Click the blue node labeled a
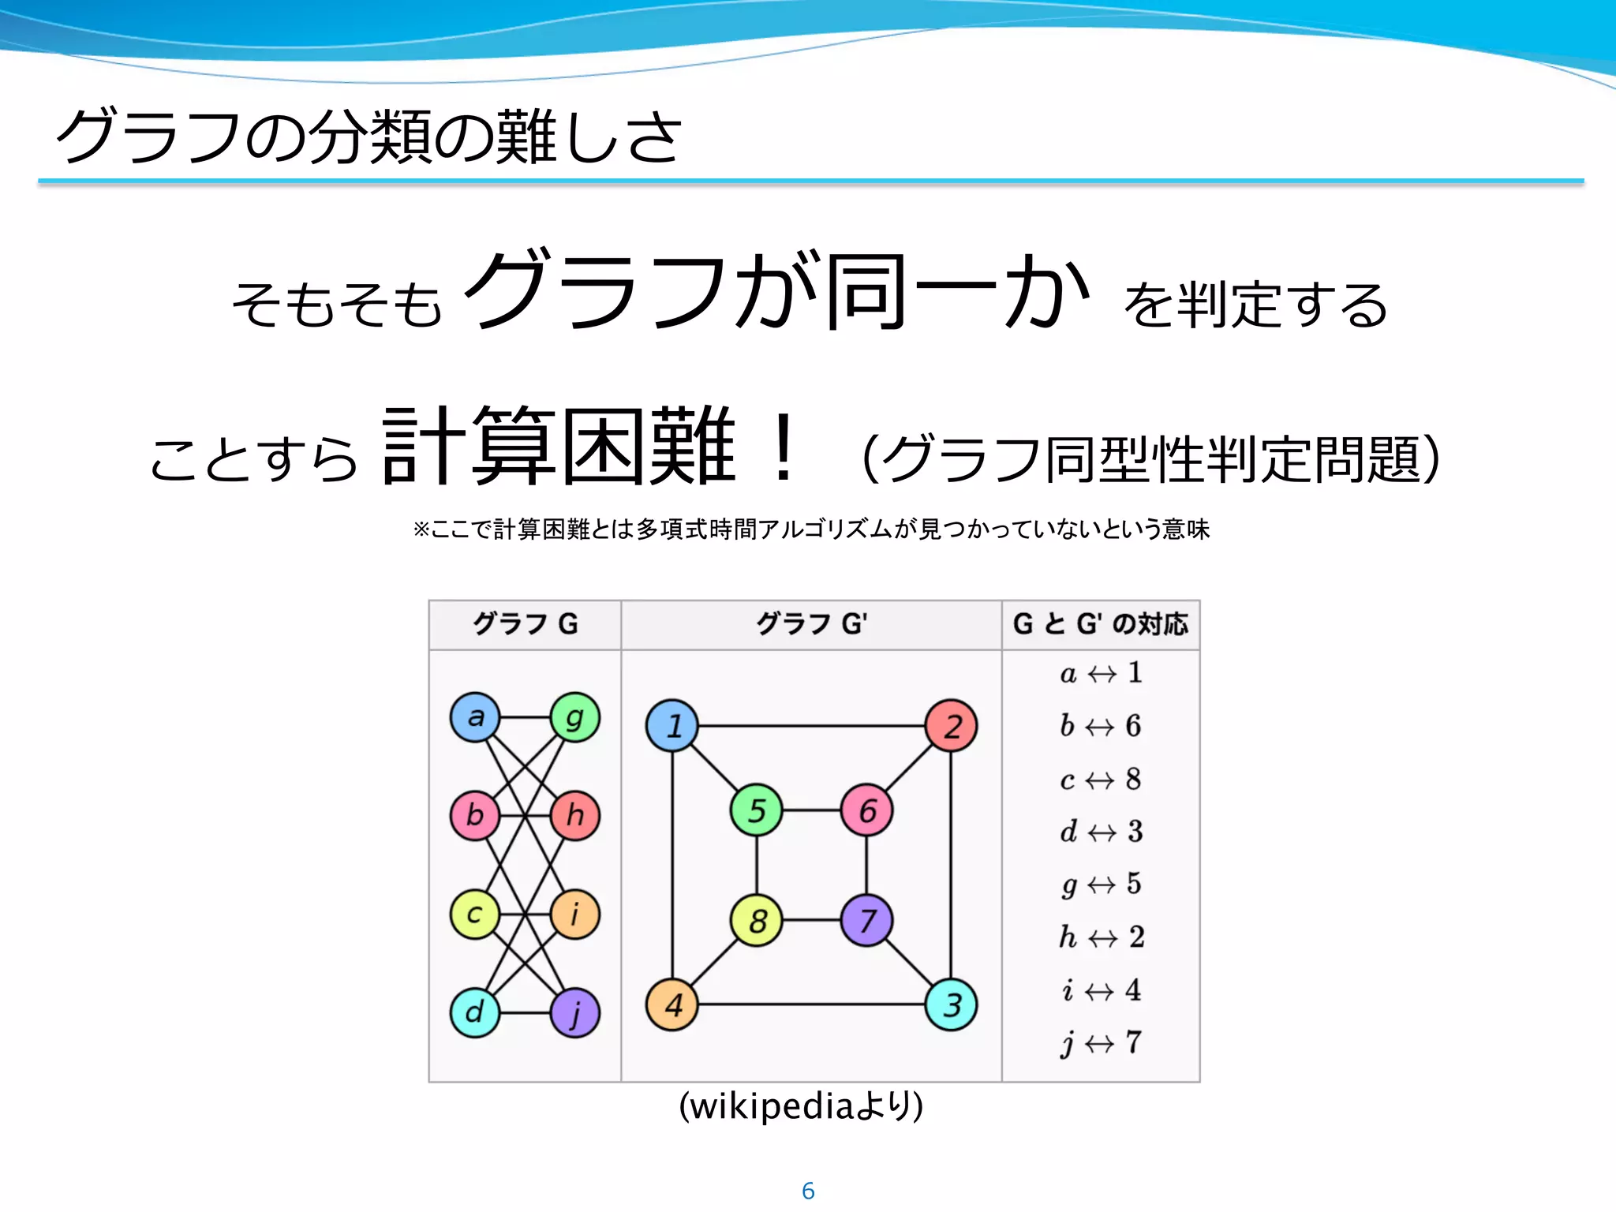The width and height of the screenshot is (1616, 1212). coord(475,717)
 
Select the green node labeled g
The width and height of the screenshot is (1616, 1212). coord(574,717)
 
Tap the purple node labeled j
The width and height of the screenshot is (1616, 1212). coord(574,1012)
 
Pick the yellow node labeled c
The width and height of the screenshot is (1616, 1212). coord(475,915)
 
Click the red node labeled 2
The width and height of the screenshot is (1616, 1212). coord(951,726)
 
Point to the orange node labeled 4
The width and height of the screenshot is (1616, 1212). coord(672,1004)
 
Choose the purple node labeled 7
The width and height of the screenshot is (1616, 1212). coord(866,920)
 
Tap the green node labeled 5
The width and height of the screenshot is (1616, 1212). coord(757,810)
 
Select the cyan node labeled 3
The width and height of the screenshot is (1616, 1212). coord(951,1004)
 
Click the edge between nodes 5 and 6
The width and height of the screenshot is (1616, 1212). coord(811,810)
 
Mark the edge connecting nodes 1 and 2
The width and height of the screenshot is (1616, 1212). coord(811,726)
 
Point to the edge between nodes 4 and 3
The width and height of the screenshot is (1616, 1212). coord(811,1004)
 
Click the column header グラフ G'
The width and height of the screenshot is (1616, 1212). coord(811,624)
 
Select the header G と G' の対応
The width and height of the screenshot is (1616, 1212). coord(1101,624)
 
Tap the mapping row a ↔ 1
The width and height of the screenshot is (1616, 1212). coord(1101,673)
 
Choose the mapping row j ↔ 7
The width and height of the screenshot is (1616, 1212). coord(1101,1043)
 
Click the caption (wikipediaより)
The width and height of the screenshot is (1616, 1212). coord(801,1106)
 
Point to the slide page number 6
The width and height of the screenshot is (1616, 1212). coord(808,1191)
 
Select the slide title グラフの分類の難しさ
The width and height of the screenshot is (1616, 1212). coord(368,137)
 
